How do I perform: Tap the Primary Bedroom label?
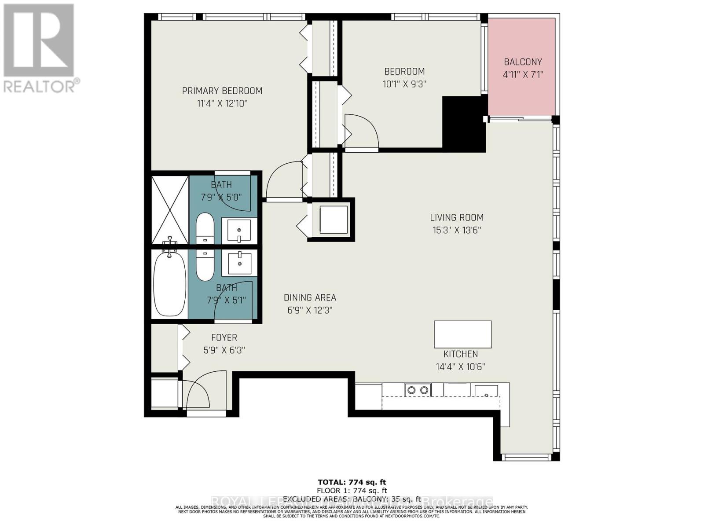pos(222,91)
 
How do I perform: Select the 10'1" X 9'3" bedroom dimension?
pos(404,84)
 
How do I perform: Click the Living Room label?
pos(457,217)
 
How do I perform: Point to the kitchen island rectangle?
pos(462,334)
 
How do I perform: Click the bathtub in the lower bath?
pos(170,284)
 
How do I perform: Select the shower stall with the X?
pos(170,210)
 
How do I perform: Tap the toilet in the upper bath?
pos(205,228)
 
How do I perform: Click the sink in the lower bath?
pos(239,263)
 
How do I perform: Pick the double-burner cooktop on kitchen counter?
pos(418,390)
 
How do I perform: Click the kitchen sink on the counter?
pos(486,391)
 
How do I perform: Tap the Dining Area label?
pos(310,298)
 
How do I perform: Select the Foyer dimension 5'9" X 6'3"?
pos(224,350)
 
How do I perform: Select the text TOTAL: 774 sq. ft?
pos(352,482)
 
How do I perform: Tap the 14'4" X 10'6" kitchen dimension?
pos(460,367)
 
